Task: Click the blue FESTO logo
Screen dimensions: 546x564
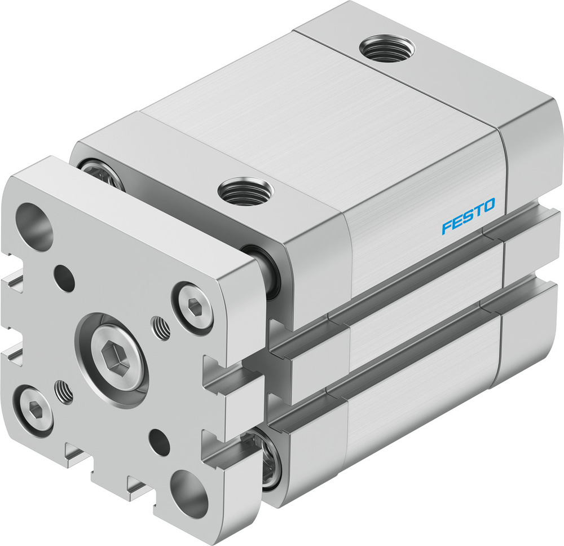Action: tap(468, 216)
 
